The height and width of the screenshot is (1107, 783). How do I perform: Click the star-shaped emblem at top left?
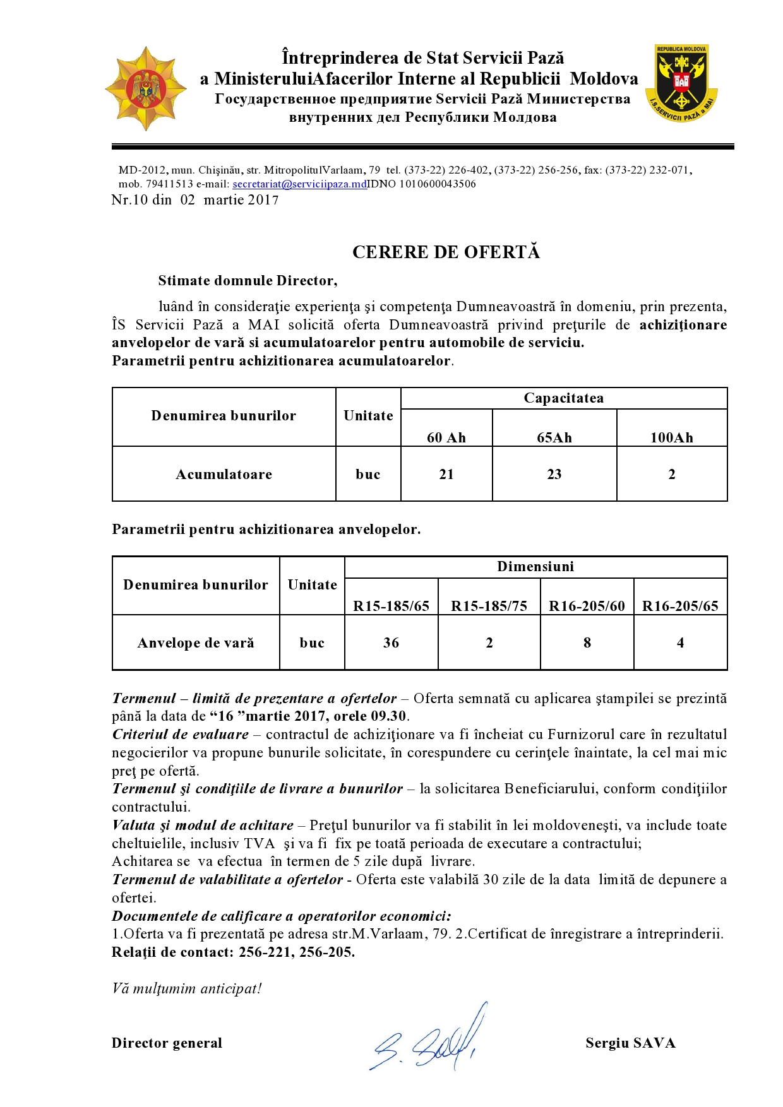(146, 88)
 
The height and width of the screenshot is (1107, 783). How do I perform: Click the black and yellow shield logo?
(681, 83)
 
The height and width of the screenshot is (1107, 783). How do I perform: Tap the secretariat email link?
(300, 184)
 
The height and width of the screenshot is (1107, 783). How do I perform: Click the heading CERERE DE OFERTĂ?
(446, 252)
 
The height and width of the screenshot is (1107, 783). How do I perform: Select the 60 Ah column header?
(446, 437)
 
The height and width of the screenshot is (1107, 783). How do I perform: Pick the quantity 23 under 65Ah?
(554, 474)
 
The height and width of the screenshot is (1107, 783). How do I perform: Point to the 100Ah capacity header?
(671, 437)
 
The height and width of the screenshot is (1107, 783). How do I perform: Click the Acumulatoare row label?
(224, 474)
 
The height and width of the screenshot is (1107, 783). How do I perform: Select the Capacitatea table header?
(563, 398)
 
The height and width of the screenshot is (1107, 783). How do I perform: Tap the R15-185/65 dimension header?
(391, 606)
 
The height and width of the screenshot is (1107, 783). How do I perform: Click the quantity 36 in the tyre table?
(391, 642)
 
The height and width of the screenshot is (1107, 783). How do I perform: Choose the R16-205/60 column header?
(587, 606)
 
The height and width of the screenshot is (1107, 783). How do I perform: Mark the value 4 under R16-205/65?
(680, 642)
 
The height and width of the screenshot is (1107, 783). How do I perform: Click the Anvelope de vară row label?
(196, 642)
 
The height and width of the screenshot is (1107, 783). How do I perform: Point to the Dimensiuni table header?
(535, 567)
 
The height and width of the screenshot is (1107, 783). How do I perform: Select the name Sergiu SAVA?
(630, 1043)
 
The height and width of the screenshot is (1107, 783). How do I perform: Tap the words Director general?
(167, 1043)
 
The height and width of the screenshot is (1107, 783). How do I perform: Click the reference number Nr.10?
(129, 200)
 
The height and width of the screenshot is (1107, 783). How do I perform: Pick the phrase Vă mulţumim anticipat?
(187, 988)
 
